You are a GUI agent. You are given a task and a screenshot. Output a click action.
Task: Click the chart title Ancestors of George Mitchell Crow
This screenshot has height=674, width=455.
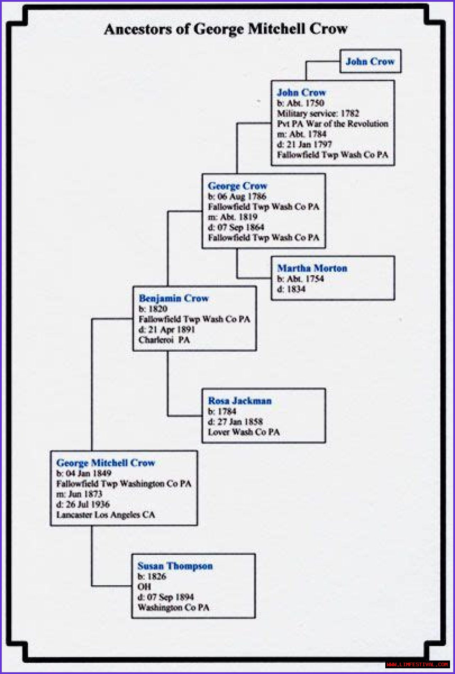coord(226,29)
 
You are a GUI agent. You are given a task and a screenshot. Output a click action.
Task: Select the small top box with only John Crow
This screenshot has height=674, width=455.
coord(370,61)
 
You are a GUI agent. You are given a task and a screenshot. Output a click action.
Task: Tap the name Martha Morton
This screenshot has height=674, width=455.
coord(312,268)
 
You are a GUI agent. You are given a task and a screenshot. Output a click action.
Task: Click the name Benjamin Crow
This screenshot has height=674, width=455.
coord(173,298)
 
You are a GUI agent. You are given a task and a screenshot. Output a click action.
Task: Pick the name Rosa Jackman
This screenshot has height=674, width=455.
coord(240,401)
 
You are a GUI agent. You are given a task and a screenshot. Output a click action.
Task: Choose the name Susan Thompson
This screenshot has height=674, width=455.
coord(175,566)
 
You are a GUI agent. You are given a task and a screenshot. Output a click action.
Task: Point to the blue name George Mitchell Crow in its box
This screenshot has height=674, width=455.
coord(106,463)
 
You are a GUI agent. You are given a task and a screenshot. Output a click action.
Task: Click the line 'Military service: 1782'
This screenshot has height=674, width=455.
coord(318,113)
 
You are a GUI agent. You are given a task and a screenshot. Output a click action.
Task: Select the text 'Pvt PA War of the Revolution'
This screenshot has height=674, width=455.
coord(332,124)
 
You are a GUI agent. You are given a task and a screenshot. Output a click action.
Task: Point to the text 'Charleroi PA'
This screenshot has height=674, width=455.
coord(164,340)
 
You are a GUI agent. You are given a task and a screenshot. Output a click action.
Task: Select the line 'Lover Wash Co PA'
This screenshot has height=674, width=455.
coord(243,432)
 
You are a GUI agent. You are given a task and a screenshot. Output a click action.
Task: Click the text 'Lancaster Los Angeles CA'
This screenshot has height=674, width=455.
coord(106,515)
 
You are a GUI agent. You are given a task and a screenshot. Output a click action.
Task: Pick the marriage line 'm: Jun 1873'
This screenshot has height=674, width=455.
coord(79,494)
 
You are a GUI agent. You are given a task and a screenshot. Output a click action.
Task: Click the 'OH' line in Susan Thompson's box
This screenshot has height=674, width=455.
coord(144,587)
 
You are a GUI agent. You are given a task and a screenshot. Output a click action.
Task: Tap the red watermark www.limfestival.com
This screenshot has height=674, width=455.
coord(417,664)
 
